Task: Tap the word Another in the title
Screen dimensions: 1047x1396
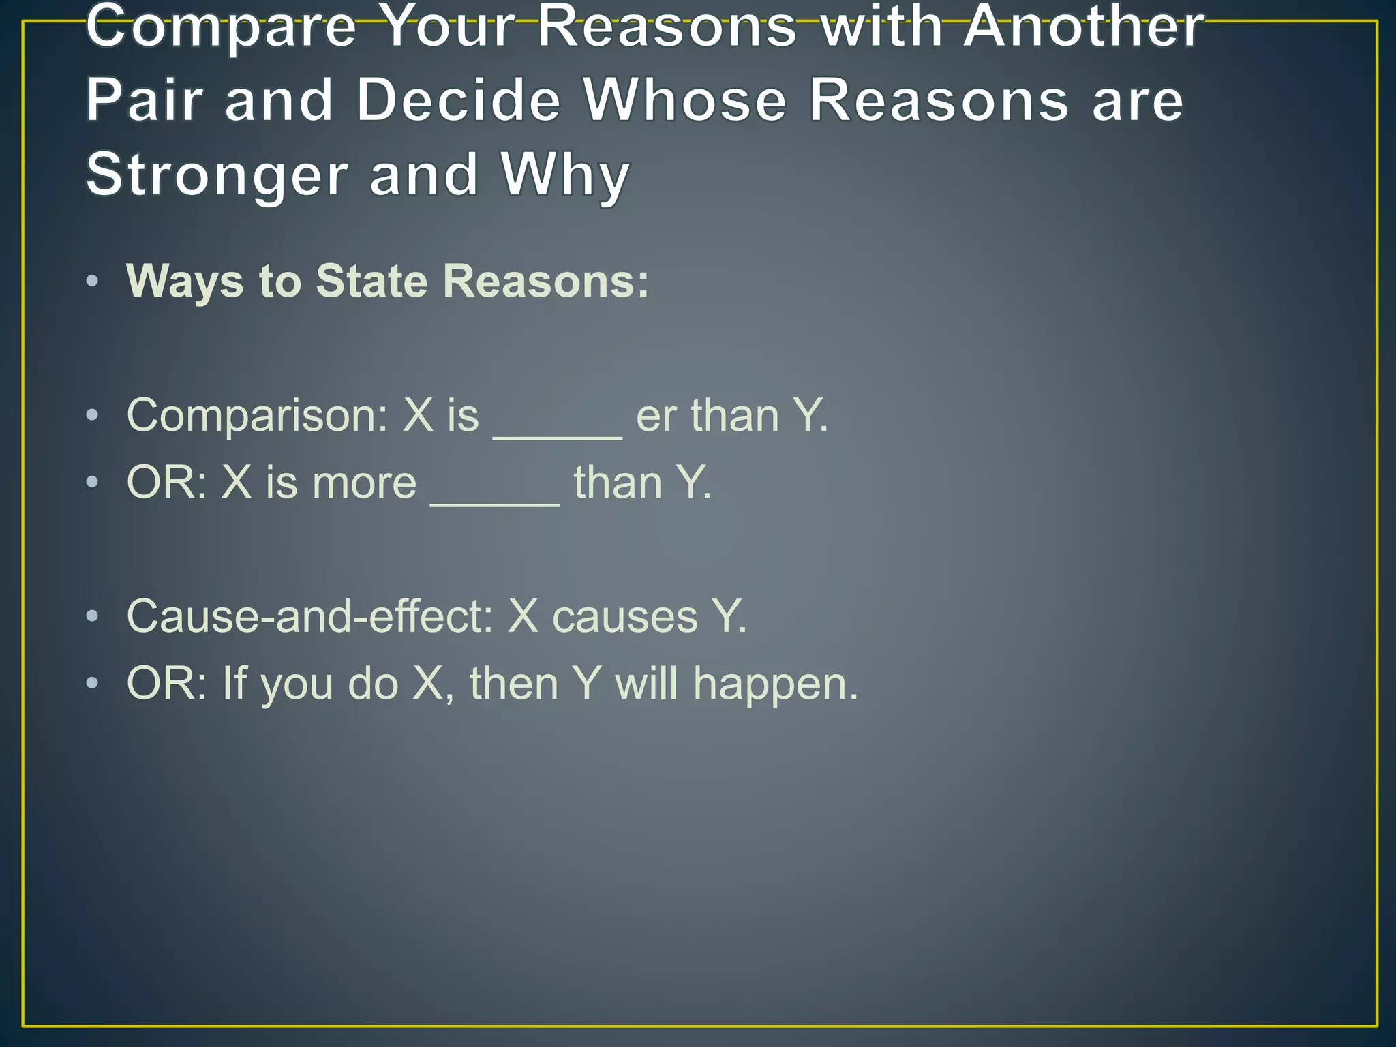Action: [1084, 27]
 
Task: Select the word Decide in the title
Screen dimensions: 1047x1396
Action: [458, 101]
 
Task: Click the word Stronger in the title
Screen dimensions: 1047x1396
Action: [217, 175]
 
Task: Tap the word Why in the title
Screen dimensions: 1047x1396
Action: [565, 175]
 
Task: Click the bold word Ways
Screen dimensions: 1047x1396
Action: [185, 281]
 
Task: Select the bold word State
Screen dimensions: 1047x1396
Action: [372, 281]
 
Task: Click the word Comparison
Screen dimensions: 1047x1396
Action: [256, 415]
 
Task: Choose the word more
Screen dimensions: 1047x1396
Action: [364, 483]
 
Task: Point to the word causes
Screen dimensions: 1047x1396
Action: [625, 618]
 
